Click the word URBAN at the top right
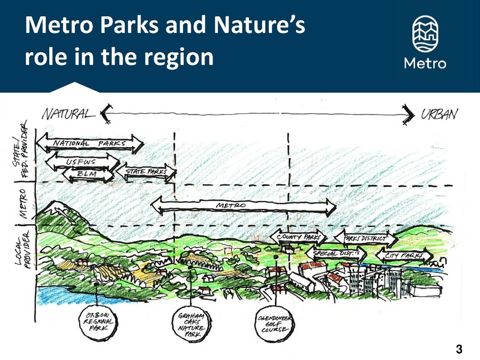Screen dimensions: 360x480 pos(439,114)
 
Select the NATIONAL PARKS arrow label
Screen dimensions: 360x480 pos(89,144)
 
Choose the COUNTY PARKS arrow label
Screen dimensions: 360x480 pos(298,238)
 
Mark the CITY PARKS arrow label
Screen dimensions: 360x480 pos(404,256)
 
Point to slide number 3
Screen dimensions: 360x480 pos(460,349)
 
